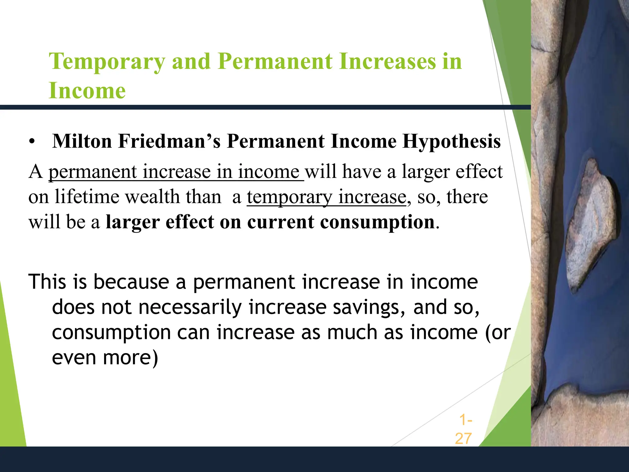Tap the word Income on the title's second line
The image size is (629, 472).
coord(87,91)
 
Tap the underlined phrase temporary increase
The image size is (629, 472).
coord(326,197)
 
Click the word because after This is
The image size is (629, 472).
coord(131,282)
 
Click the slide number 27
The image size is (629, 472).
coord(463,439)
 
